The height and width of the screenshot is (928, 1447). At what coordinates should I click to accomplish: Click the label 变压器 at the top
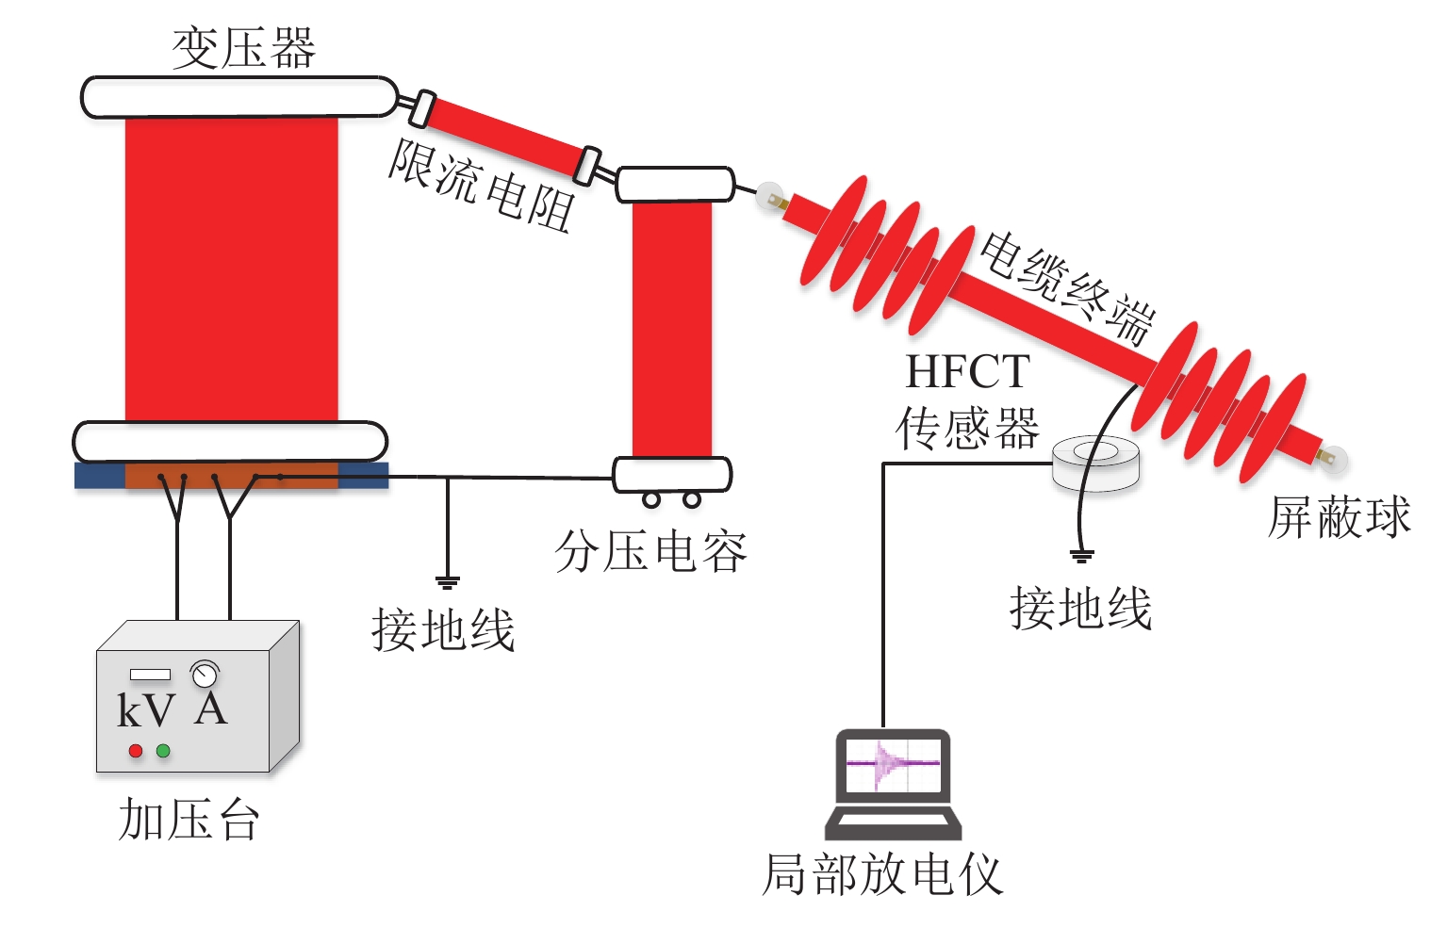tap(243, 47)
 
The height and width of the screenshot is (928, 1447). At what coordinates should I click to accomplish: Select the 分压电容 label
tap(650, 551)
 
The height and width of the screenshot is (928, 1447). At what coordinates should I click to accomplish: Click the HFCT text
tap(967, 372)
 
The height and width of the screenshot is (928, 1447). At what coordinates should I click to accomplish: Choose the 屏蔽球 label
tap(1339, 517)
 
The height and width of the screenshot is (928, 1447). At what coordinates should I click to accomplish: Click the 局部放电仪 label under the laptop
tap(881, 874)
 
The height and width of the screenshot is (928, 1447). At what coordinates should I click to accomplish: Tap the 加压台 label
tap(189, 819)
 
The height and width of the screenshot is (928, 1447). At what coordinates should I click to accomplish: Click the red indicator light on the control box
tap(136, 751)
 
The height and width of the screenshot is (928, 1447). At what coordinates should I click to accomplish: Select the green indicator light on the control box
tap(163, 751)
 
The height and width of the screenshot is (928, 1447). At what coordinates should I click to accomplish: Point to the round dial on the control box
tap(205, 674)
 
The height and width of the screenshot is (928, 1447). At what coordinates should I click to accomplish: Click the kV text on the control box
tap(145, 711)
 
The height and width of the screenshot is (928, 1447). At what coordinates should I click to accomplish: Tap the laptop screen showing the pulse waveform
tap(893, 763)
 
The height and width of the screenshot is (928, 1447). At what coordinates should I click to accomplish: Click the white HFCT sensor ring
tap(1095, 463)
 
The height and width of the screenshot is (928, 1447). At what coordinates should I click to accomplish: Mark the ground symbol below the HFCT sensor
tap(1082, 556)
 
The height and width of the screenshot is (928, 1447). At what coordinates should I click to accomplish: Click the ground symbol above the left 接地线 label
tap(448, 581)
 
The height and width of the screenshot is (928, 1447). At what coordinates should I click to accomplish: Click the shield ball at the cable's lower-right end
tap(1335, 461)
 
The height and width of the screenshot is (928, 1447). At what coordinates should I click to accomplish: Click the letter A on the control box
tap(211, 709)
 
